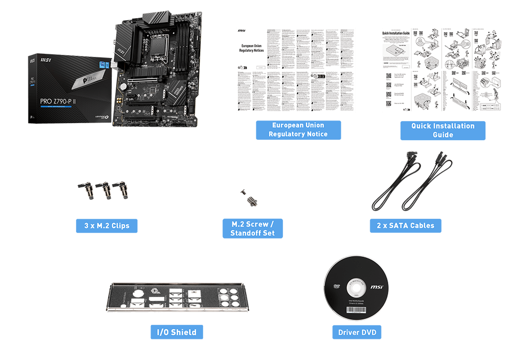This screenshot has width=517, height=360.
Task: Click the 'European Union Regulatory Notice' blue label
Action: click(298, 130)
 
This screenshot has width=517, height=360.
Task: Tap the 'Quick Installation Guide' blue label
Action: click(443, 130)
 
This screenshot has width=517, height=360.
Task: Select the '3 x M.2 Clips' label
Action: click(107, 226)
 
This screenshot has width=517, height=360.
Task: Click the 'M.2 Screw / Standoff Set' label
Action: click(253, 229)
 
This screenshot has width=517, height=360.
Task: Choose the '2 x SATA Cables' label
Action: click(405, 226)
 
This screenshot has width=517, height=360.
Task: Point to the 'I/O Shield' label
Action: click(176, 332)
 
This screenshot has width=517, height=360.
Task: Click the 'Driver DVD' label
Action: click(357, 332)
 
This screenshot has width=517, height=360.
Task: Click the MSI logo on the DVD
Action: click(377, 287)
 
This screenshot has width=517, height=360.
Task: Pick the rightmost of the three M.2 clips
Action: click(121, 190)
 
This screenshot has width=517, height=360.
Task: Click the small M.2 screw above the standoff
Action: click(242, 192)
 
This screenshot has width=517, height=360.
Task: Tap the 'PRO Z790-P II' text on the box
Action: click(57, 102)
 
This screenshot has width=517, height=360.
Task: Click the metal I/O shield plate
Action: click(176, 299)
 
